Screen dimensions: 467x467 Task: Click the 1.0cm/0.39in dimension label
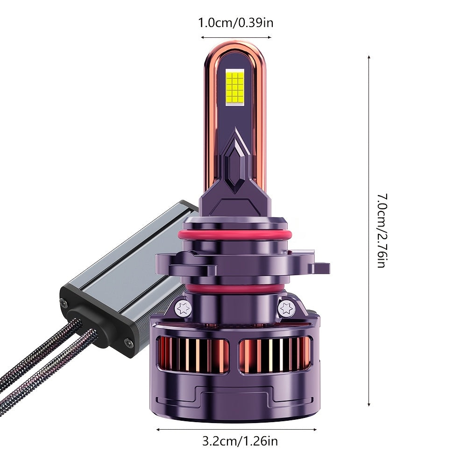[235, 23]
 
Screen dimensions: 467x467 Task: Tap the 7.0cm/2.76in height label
[382, 231]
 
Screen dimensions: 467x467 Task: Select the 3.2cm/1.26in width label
[240, 441]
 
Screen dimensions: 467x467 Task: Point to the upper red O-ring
[234, 234]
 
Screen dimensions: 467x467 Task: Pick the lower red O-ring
[234, 288]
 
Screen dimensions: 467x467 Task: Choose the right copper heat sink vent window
[275, 355]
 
